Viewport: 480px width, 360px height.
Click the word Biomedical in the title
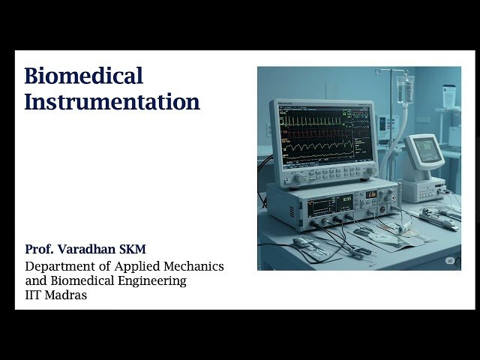(x=83, y=76)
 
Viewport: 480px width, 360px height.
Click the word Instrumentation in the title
(x=112, y=102)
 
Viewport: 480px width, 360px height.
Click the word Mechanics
(x=196, y=266)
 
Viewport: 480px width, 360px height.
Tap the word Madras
(x=67, y=295)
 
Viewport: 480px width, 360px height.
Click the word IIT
(x=34, y=295)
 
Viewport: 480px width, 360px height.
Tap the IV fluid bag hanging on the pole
(x=406, y=89)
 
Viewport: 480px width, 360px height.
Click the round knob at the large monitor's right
(x=369, y=172)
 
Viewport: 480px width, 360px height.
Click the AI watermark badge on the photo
(x=450, y=260)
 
